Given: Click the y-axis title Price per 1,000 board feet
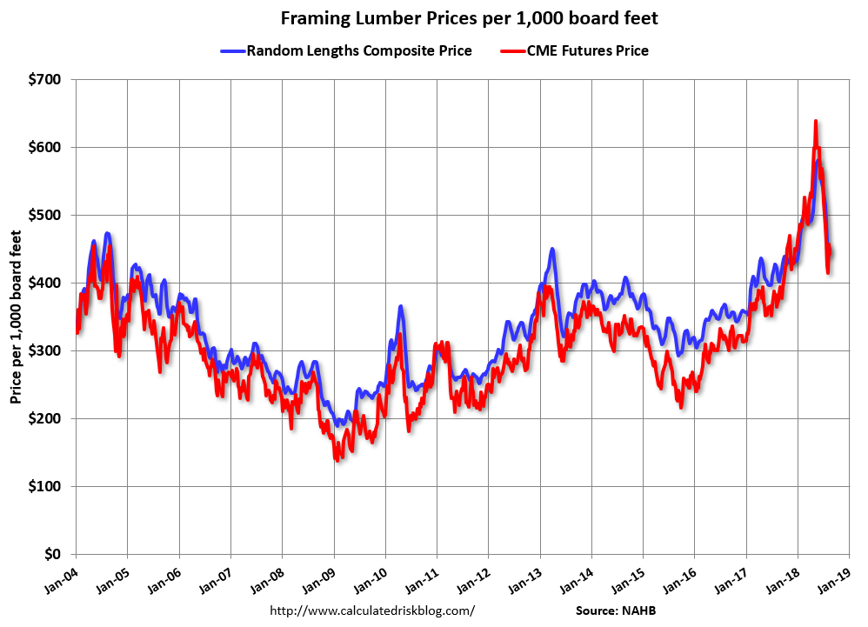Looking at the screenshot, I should [x=16, y=317].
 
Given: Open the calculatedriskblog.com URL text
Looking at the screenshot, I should [x=372, y=610].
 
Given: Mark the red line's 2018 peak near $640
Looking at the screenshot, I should [x=815, y=122].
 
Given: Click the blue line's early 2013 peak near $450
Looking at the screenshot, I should [x=551, y=250].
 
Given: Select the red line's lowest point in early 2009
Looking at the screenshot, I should [x=337, y=458].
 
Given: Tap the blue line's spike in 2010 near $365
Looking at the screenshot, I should [x=400, y=306].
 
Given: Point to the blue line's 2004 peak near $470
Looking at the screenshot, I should [x=107, y=233].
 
